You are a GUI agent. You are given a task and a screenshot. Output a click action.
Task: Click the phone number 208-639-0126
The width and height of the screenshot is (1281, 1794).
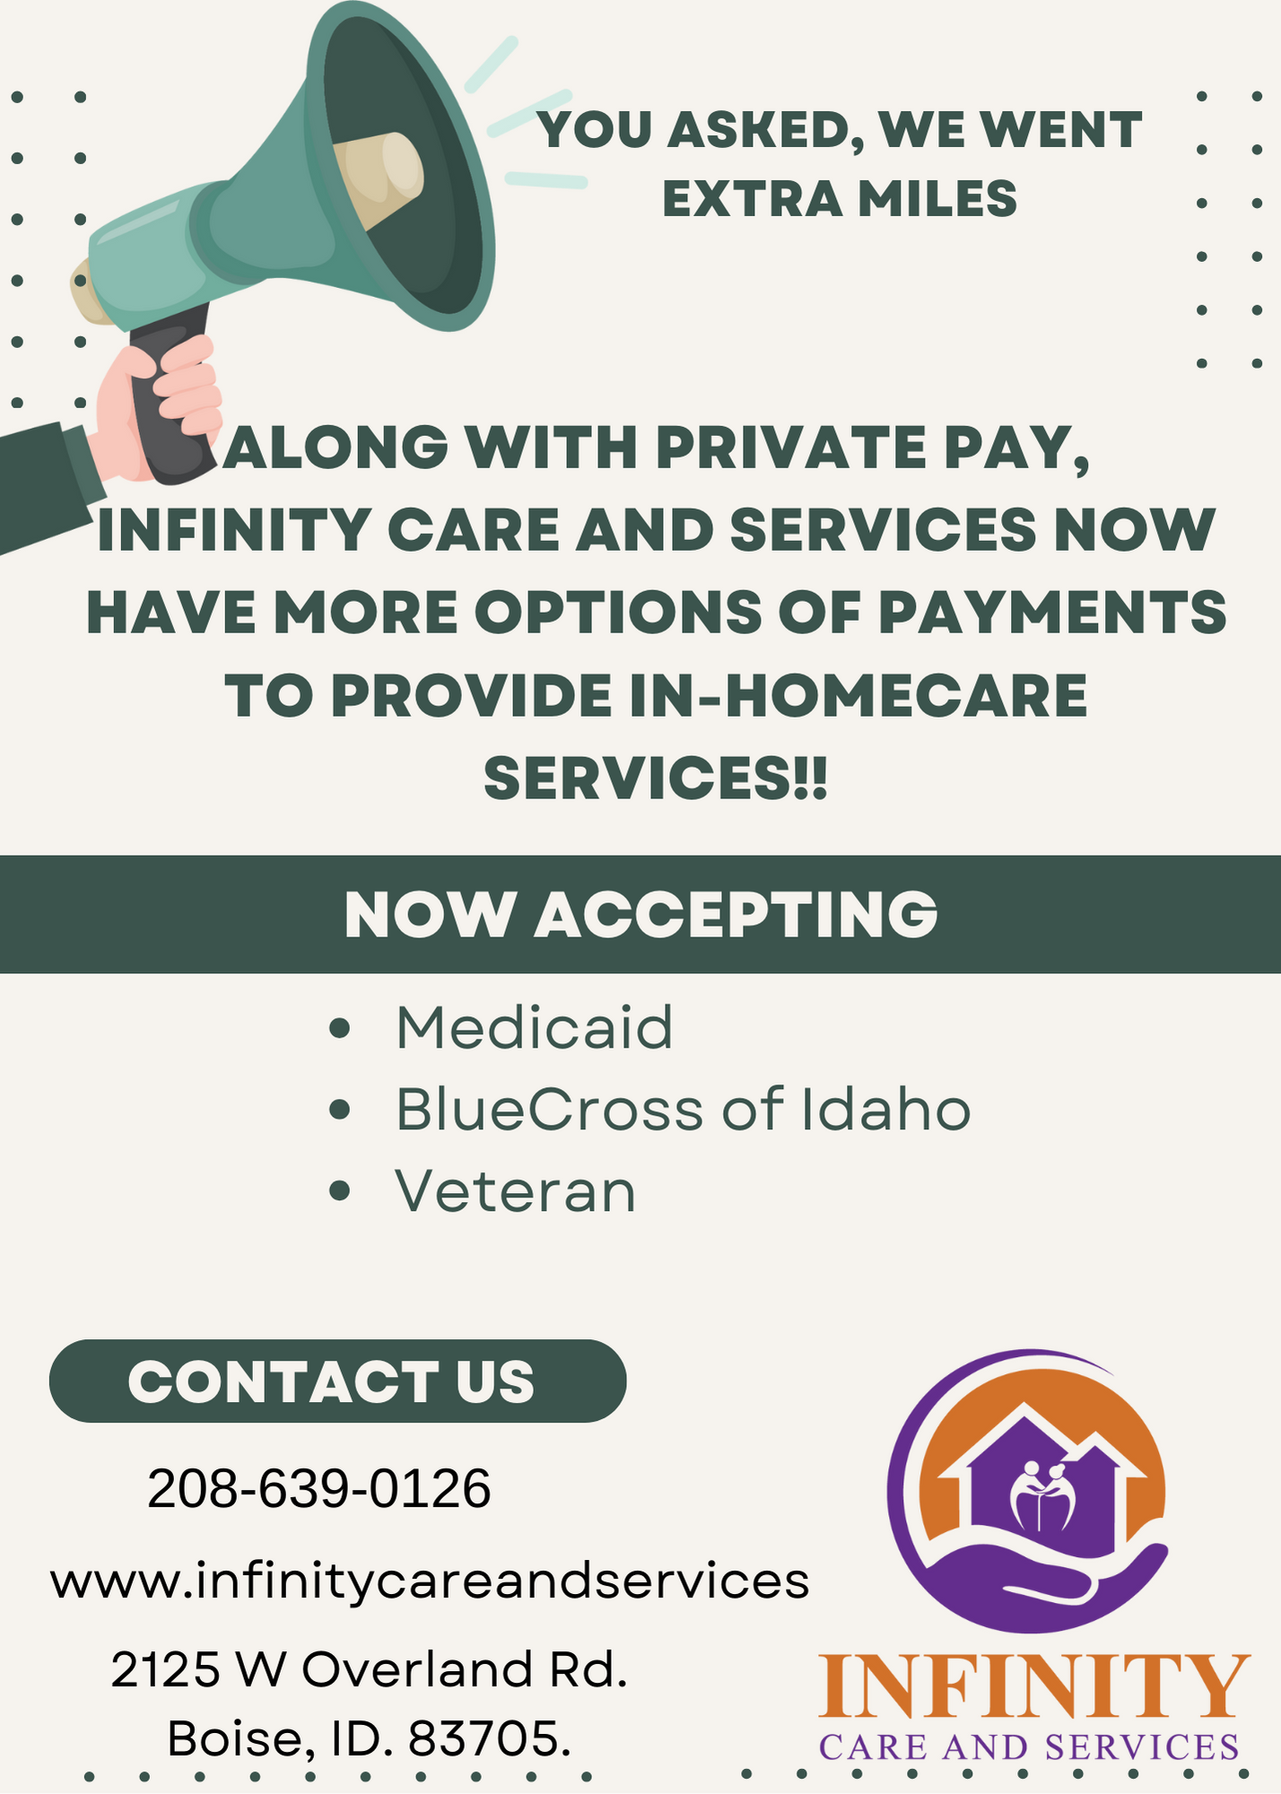point(319,1489)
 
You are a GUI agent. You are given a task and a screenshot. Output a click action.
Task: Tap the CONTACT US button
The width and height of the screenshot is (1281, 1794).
point(337,1380)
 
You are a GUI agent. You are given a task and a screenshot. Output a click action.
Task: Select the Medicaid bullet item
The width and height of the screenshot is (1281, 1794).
point(535,1028)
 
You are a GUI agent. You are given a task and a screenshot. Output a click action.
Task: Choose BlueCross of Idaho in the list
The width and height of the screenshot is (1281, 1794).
point(684,1110)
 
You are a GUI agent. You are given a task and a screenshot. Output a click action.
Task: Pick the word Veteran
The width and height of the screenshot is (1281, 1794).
point(516,1192)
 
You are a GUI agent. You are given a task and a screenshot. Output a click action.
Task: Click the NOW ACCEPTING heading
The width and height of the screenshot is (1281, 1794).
point(640,915)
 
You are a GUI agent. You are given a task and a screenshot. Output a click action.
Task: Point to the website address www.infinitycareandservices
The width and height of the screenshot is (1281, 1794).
point(430,1581)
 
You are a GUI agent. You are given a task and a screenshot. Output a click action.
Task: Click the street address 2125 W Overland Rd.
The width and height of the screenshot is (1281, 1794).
point(369,1670)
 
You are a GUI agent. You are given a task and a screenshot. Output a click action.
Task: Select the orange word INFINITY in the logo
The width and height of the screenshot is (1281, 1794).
point(1034,1687)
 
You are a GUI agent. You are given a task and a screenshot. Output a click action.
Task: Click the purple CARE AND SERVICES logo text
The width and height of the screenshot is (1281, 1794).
point(1029,1747)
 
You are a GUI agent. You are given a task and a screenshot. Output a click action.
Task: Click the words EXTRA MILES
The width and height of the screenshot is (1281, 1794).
point(840,198)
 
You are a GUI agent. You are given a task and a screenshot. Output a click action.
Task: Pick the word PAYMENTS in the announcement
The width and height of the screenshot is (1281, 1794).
point(1051,613)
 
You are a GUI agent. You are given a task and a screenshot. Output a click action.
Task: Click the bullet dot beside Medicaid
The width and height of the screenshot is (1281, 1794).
point(339,1028)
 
